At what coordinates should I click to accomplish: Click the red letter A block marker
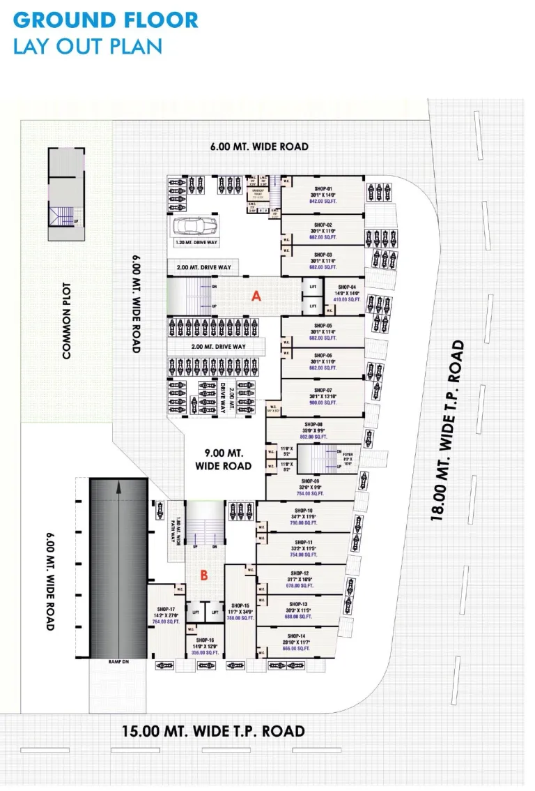256,296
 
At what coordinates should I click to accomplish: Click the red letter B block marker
204,575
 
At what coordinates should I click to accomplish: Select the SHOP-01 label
323,189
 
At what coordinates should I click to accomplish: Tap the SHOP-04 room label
348,287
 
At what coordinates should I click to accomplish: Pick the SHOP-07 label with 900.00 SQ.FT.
323,391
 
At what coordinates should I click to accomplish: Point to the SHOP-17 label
165,608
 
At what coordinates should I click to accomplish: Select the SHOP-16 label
205,640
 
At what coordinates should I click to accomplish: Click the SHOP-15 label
240,605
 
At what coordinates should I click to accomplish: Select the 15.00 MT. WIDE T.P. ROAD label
213,731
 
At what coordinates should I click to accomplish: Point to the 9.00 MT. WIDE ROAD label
223,459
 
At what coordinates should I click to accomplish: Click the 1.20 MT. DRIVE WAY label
193,243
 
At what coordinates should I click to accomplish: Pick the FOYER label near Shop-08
347,453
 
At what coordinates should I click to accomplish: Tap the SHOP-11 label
304,542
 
